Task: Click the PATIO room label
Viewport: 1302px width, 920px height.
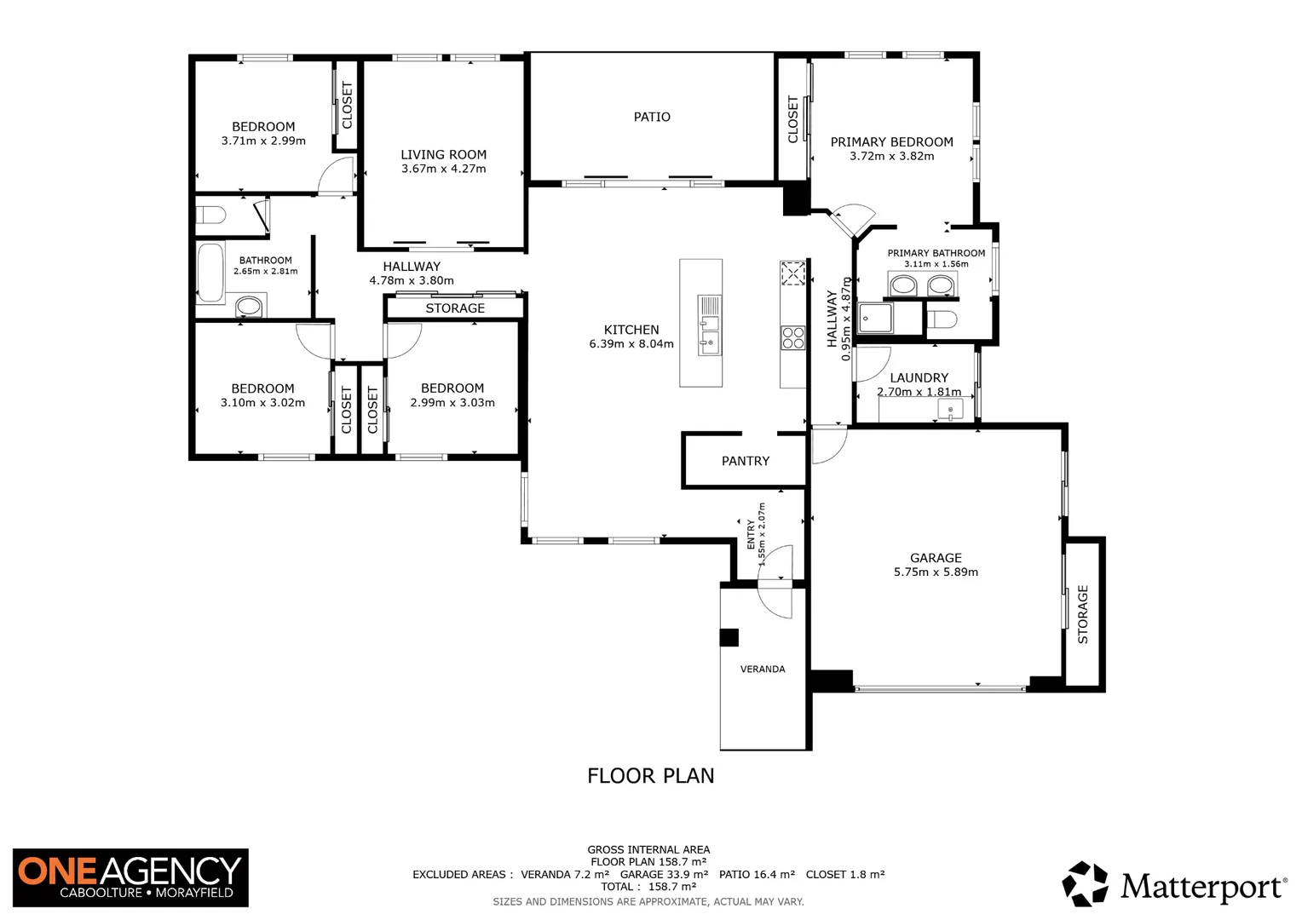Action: click(652, 117)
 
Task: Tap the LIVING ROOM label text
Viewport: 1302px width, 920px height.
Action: click(443, 154)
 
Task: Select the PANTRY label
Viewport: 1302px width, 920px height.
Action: click(745, 461)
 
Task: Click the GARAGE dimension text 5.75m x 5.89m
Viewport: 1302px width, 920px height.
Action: click(936, 572)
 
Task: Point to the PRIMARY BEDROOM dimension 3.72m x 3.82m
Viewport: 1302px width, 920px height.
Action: click(891, 157)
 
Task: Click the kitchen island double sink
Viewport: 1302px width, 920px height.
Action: click(709, 325)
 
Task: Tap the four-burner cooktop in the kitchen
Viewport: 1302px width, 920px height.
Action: click(792, 338)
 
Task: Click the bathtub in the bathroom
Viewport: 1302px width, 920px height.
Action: click(210, 273)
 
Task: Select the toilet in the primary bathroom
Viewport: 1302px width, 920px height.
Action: click(942, 320)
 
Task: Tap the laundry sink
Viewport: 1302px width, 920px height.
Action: click(950, 411)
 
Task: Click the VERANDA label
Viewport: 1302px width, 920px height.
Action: click(763, 670)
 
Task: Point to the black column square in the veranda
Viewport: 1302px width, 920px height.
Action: click(729, 637)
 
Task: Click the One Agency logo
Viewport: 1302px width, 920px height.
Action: click(130, 877)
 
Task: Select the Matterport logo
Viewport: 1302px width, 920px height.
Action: click(1174, 885)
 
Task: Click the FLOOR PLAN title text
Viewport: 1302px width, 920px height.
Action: click(650, 776)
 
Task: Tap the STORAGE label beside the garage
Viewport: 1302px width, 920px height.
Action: click(1083, 614)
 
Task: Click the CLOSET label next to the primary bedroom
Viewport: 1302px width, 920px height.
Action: click(793, 119)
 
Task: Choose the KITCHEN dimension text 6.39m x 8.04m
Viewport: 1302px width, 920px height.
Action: click(631, 344)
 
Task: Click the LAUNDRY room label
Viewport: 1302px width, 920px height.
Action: click(919, 377)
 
